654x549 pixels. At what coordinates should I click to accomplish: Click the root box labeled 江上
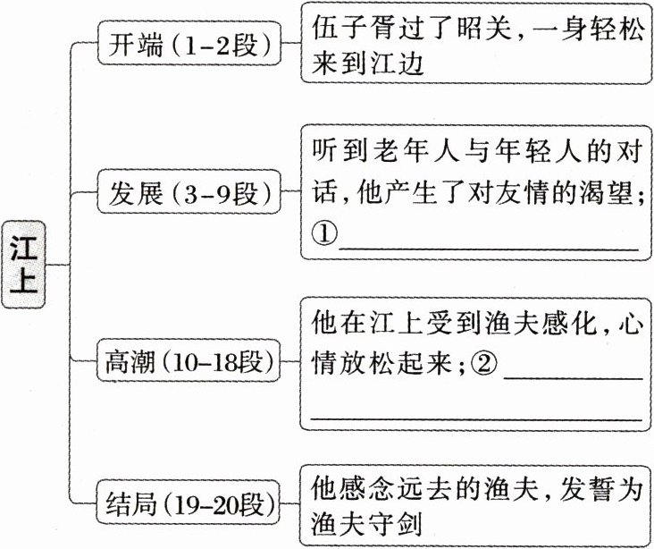(x=25, y=266)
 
